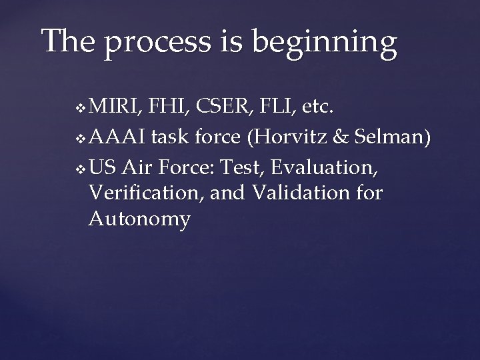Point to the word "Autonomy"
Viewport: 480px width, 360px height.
(139, 219)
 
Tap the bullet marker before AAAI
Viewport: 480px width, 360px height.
(81, 139)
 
